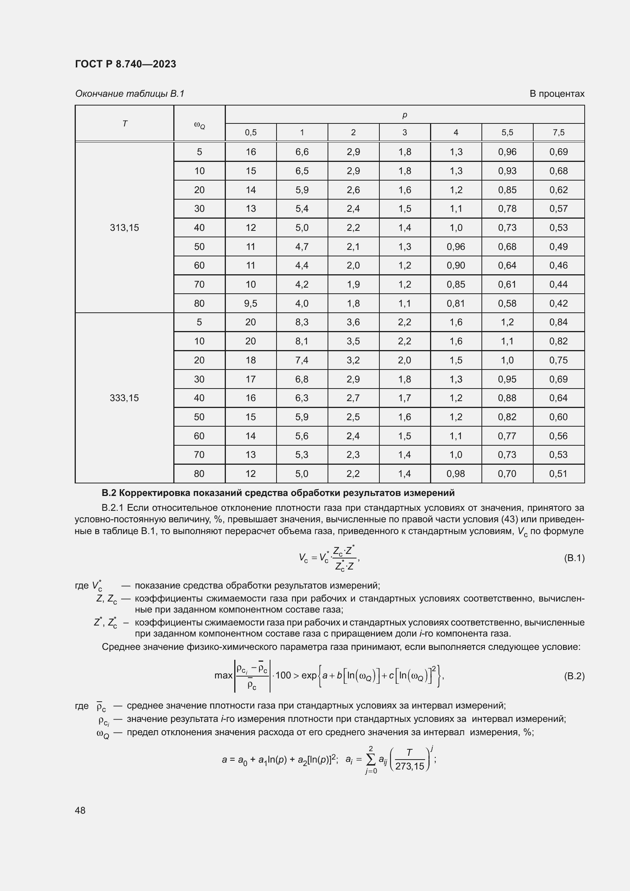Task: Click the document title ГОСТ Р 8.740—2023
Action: pos(125,64)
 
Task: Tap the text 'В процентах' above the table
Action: pos(557,94)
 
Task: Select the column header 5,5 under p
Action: pos(507,132)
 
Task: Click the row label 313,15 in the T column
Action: pos(124,228)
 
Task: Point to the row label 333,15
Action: pos(124,398)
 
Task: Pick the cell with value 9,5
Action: pos(251,304)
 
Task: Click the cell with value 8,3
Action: pos(302,322)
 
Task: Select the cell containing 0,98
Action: pos(456,473)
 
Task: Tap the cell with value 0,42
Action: pos(558,304)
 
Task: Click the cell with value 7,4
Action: pos(302,360)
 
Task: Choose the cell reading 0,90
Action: pos(456,266)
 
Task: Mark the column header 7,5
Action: pos(558,132)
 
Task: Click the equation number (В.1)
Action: pos(574,558)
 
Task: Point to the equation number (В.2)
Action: pos(574,677)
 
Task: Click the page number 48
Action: pos(80,810)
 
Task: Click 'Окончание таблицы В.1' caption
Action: pos(130,94)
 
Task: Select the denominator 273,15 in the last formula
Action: pos(410,766)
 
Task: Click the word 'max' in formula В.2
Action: pos(223,676)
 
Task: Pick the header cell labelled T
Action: pos(125,123)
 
